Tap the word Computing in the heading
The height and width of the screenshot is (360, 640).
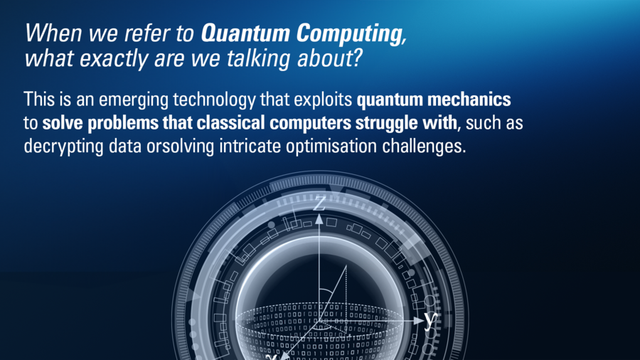350,34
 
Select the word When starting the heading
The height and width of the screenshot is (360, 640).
54,33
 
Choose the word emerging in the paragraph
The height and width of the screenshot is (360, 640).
134,101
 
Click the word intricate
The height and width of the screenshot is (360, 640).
250,146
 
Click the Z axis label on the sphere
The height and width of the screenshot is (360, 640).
319,203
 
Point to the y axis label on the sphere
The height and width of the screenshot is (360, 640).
430,320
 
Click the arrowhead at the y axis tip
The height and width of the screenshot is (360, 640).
419,321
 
